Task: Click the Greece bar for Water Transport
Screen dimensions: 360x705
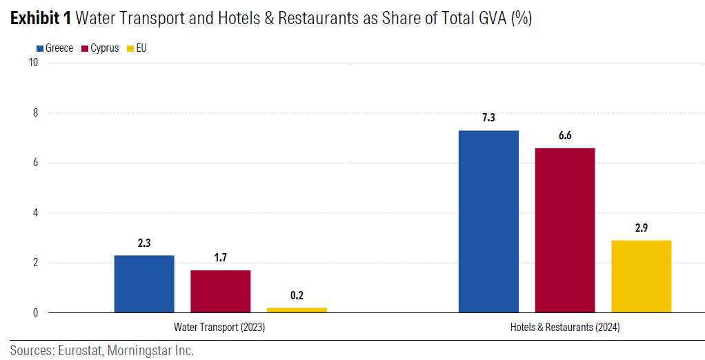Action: point(144,284)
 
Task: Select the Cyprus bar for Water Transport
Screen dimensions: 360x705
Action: point(221,291)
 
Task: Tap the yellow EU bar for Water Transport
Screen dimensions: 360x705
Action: point(297,310)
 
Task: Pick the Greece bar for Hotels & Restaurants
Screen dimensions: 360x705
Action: point(488,221)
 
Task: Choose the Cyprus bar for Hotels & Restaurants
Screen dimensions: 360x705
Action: point(565,230)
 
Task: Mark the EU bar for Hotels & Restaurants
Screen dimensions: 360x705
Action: point(641,277)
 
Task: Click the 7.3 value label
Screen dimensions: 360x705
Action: point(488,118)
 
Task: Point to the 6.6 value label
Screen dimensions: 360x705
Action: point(565,135)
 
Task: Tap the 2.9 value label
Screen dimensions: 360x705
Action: point(641,228)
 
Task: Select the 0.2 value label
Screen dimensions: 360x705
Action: point(297,295)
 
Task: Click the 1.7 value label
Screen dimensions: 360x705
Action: point(221,257)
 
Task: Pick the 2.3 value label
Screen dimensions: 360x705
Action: point(144,243)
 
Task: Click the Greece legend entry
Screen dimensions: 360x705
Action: point(54,48)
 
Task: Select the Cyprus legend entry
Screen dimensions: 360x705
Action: point(100,48)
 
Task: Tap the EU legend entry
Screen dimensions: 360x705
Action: point(137,48)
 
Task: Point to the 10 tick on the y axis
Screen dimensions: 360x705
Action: point(32,63)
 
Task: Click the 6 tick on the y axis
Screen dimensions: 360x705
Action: point(34,163)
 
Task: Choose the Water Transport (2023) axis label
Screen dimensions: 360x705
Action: point(219,328)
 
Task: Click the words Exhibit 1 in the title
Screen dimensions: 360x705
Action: point(41,19)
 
